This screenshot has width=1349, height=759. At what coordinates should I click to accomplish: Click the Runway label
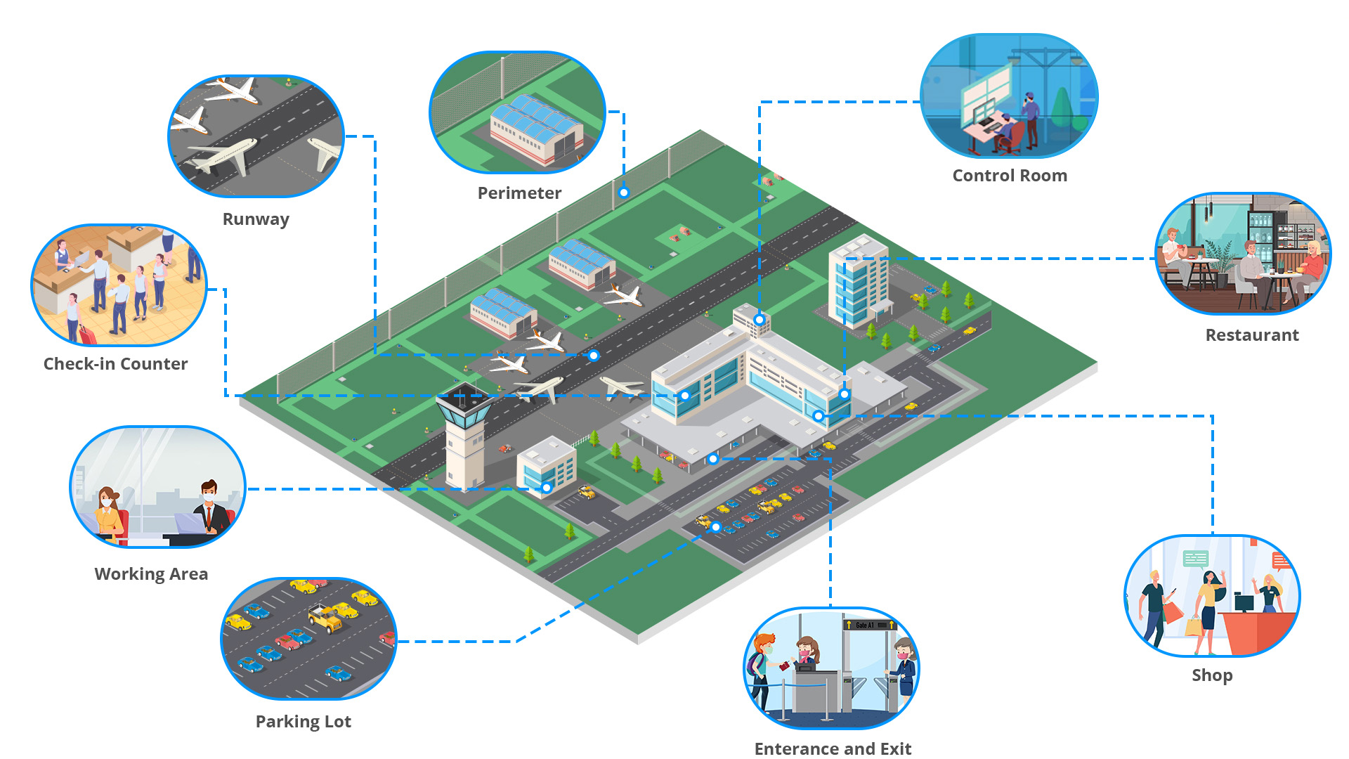click(256, 219)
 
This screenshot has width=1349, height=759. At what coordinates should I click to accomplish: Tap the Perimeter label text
click(519, 193)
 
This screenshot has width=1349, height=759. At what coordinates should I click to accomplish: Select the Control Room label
click(1010, 176)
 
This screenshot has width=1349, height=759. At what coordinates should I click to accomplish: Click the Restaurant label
click(1252, 335)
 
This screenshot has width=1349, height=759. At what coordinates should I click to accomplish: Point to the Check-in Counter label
click(116, 364)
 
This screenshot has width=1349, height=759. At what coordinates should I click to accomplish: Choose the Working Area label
click(151, 574)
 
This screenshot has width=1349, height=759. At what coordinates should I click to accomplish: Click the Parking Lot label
click(303, 722)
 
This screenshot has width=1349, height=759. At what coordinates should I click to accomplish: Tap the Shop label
click(1212, 675)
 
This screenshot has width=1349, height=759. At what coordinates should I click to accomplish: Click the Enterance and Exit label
click(833, 748)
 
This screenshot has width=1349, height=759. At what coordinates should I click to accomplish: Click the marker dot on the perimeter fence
click(623, 193)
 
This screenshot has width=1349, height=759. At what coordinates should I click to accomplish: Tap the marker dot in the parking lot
click(715, 527)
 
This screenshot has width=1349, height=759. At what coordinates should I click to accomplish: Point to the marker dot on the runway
click(594, 356)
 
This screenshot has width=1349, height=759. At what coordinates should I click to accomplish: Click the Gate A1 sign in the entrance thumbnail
click(869, 625)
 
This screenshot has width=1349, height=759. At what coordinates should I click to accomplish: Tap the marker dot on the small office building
click(547, 488)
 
